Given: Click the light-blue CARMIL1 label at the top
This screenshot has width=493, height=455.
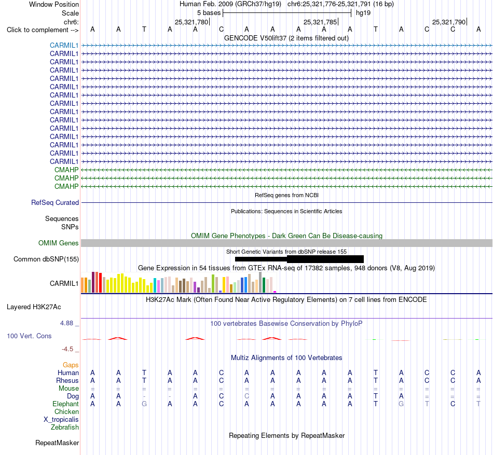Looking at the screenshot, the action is pos(64,45).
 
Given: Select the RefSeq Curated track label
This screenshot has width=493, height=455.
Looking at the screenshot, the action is pos(55,203).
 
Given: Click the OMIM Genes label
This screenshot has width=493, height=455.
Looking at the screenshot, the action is pos(59,243).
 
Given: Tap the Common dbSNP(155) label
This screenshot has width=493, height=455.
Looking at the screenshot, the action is pos(46,259).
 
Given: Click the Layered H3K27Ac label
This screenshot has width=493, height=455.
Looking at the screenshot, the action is pos(34,307).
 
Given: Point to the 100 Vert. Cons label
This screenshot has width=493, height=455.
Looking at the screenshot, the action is pos(29,336).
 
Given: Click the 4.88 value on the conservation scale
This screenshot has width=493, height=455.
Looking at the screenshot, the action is pos(66,323).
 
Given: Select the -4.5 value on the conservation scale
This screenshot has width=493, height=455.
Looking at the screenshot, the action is pos(67,349).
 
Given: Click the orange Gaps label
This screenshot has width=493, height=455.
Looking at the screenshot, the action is pos(71,365).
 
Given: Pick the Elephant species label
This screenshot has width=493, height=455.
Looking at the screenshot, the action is pos(65,404).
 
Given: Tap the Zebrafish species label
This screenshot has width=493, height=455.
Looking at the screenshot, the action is pos(65,428).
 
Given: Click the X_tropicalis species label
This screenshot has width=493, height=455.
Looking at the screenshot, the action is pos(61,420).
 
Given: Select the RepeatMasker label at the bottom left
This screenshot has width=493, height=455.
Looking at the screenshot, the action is pos(57,443).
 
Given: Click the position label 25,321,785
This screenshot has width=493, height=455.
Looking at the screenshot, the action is pos(320,22).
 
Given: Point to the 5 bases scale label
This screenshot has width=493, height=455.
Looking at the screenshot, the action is pos(209,13).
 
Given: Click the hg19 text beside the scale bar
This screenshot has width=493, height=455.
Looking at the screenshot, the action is pos(363,13).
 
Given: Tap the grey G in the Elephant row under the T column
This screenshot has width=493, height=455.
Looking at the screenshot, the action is pos(144,404).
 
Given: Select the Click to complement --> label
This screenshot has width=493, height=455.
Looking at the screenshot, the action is pos(43,30).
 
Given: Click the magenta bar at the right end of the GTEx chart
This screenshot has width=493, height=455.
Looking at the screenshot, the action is pos(275,292).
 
